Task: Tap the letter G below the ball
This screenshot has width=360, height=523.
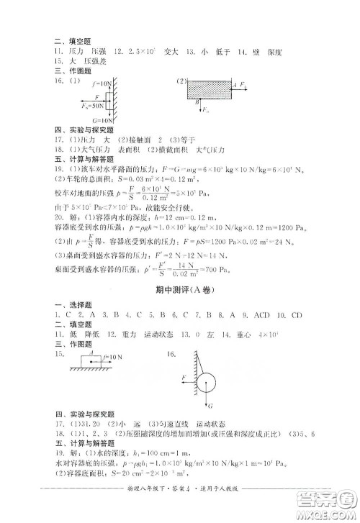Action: (208, 405)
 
